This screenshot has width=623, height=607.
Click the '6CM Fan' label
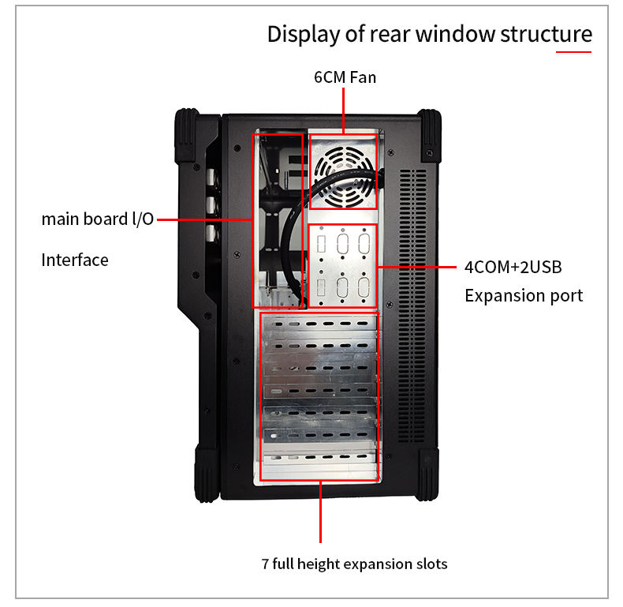345,77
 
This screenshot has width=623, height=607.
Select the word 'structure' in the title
546,35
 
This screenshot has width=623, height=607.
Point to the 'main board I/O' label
97,219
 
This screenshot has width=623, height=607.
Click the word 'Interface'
75,260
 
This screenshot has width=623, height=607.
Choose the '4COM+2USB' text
513,267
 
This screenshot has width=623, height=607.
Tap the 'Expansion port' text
524,296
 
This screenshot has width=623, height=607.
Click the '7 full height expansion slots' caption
354,564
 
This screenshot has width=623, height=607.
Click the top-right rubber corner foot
430,136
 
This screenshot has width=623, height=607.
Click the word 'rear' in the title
386,35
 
